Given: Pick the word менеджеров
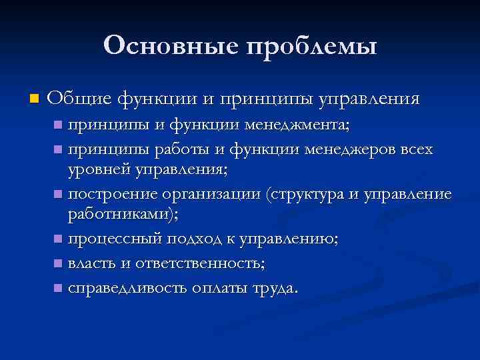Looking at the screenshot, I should coord(353,149).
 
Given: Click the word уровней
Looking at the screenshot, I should coord(98,171).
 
